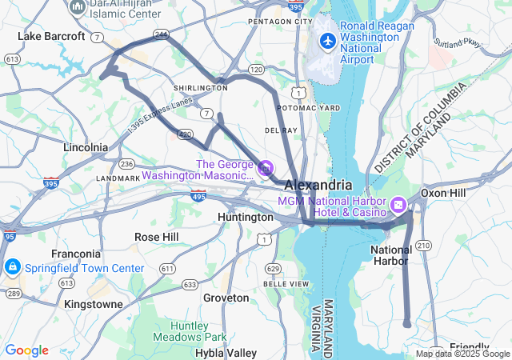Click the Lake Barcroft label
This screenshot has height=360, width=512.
point(51,36)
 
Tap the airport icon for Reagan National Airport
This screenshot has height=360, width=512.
point(327,40)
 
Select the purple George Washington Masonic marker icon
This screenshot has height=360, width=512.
point(266,169)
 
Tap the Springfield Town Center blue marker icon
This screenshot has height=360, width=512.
point(12,266)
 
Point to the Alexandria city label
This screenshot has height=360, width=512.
point(318,185)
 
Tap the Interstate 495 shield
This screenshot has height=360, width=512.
point(198,195)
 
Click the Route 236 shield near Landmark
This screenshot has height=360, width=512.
point(126,163)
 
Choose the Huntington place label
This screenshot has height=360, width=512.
point(246,217)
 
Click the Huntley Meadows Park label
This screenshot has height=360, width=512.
point(199,331)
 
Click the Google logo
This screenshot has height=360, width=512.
point(26,350)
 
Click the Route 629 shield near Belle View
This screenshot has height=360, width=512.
point(274,268)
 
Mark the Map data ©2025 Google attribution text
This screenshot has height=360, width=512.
point(462,354)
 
